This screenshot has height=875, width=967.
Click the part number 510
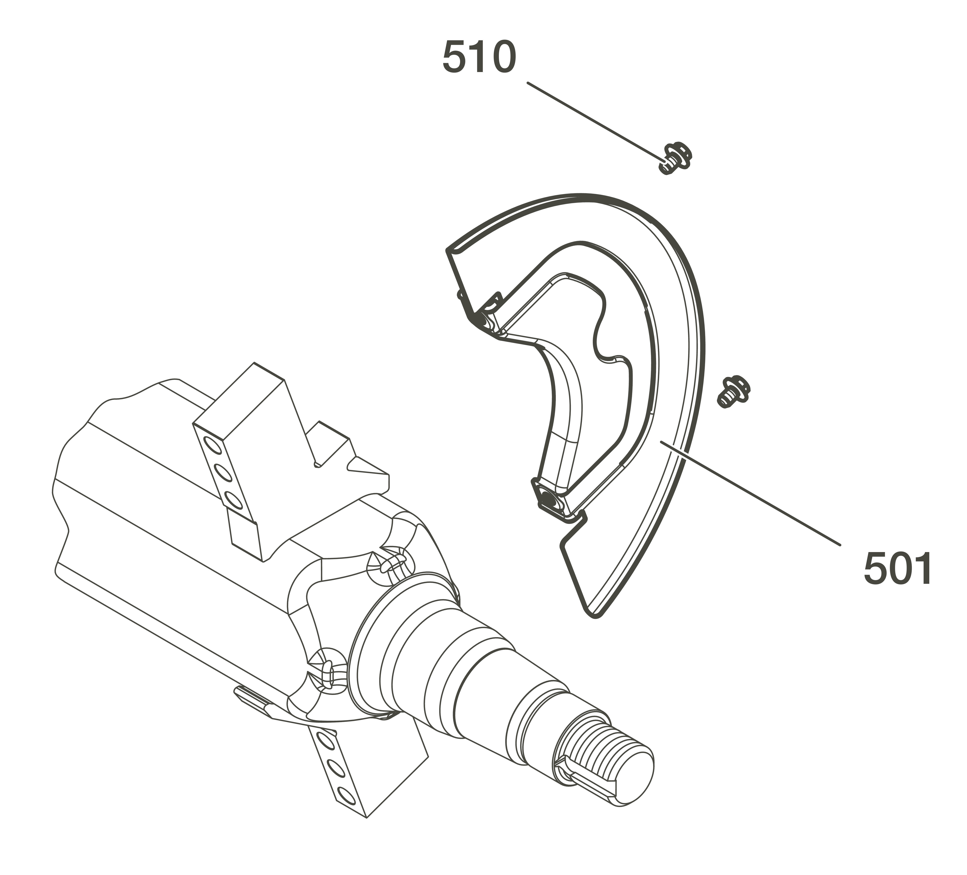pos(479,57)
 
